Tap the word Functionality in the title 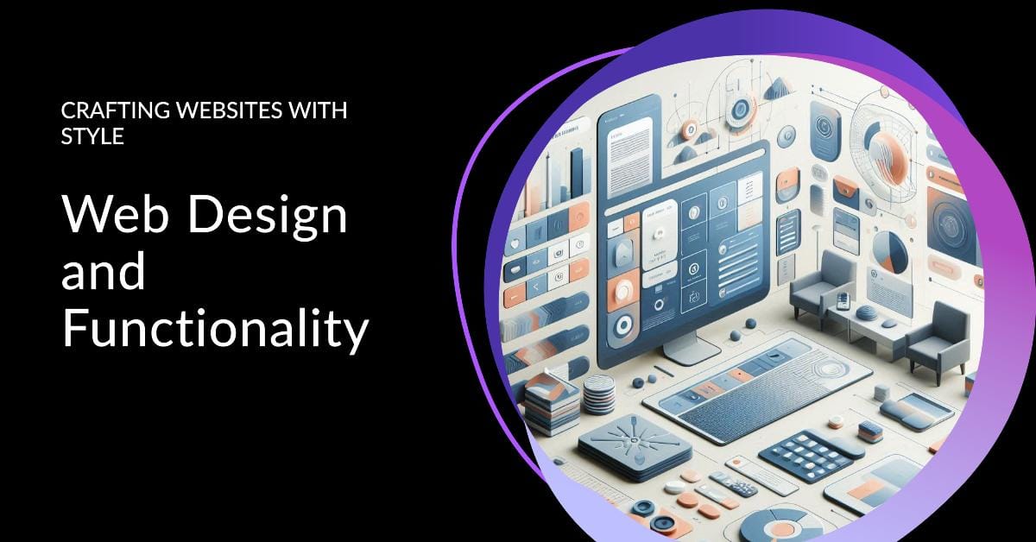click(x=215, y=331)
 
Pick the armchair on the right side click(x=938, y=340)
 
